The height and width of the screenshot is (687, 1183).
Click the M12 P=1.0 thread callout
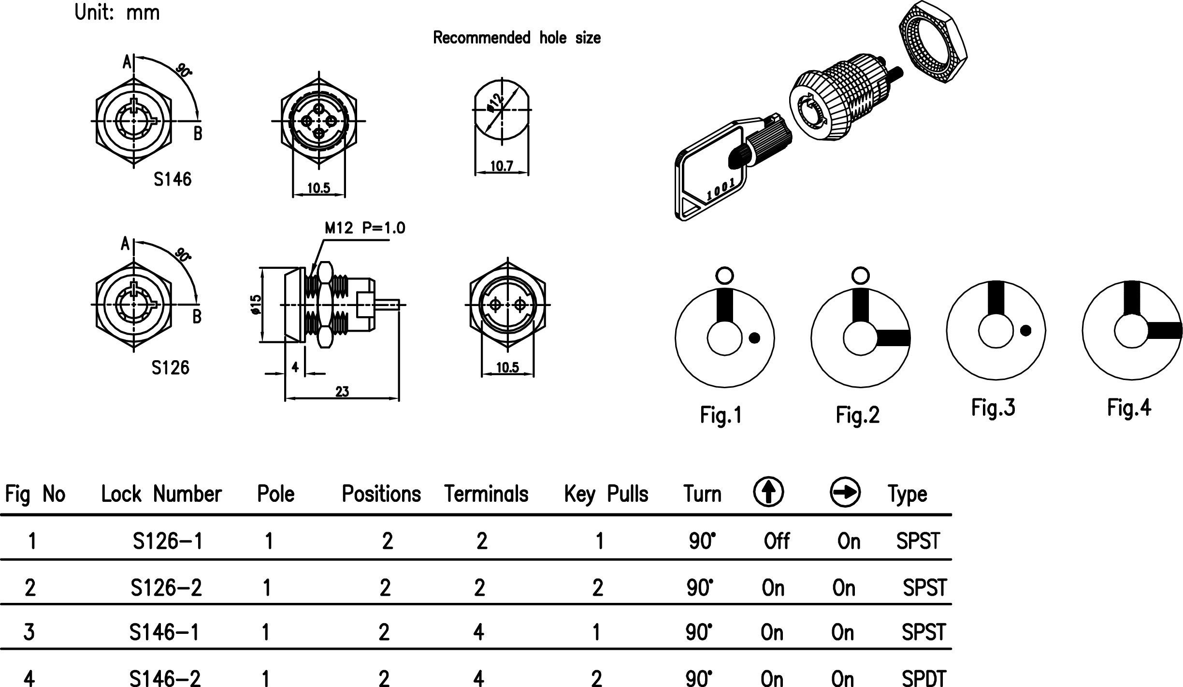tap(365, 228)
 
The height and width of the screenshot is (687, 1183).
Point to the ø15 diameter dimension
tap(256, 305)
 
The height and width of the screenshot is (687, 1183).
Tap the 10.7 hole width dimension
tap(502, 167)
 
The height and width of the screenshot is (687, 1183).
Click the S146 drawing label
tap(173, 180)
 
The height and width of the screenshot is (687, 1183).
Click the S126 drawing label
tap(170, 368)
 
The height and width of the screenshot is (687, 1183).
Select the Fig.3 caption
tap(993, 408)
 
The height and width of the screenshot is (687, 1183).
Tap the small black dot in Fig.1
tap(754, 338)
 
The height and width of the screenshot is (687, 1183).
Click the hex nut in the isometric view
tap(933, 42)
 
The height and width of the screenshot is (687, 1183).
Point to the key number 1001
tap(721, 190)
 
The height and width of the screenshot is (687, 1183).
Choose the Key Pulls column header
tap(606, 494)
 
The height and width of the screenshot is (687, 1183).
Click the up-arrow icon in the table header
tap(768, 492)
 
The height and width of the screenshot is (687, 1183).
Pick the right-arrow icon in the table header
tap(845, 492)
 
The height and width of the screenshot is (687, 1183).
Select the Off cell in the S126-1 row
tap(777, 541)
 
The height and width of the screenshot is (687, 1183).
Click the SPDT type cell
tap(923, 678)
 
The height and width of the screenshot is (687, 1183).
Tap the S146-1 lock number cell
tap(164, 632)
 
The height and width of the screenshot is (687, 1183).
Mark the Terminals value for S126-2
tap(479, 588)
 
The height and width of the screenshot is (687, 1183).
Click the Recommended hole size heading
tap(517, 38)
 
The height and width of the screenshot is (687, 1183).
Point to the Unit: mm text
tap(117, 13)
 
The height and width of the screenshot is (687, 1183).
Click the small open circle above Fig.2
tap(860, 276)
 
